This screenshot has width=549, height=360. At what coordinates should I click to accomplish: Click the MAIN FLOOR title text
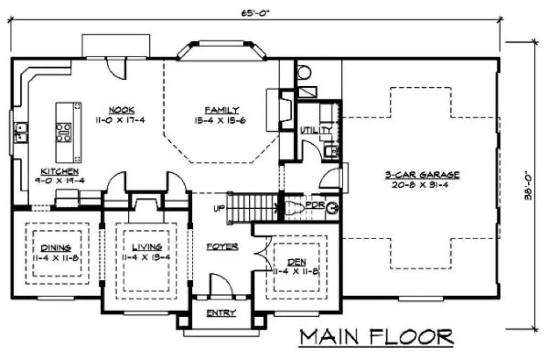(x=377, y=337)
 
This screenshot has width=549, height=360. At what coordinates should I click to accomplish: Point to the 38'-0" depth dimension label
(x=528, y=185)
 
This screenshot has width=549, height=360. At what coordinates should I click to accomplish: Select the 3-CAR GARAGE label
(x=422, y=175)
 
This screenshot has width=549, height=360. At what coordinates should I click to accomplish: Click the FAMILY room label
(x=222, y=110)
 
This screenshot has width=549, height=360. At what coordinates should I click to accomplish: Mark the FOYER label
(x=222, y=247)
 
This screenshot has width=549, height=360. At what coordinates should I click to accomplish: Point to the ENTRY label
(x=221, y=313)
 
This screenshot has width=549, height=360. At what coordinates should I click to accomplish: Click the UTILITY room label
(x=315, y=130)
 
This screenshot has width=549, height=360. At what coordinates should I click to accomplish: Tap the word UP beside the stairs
(x=219, y=208)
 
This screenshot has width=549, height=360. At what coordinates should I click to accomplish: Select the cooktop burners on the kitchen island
(x=63, y=133)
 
